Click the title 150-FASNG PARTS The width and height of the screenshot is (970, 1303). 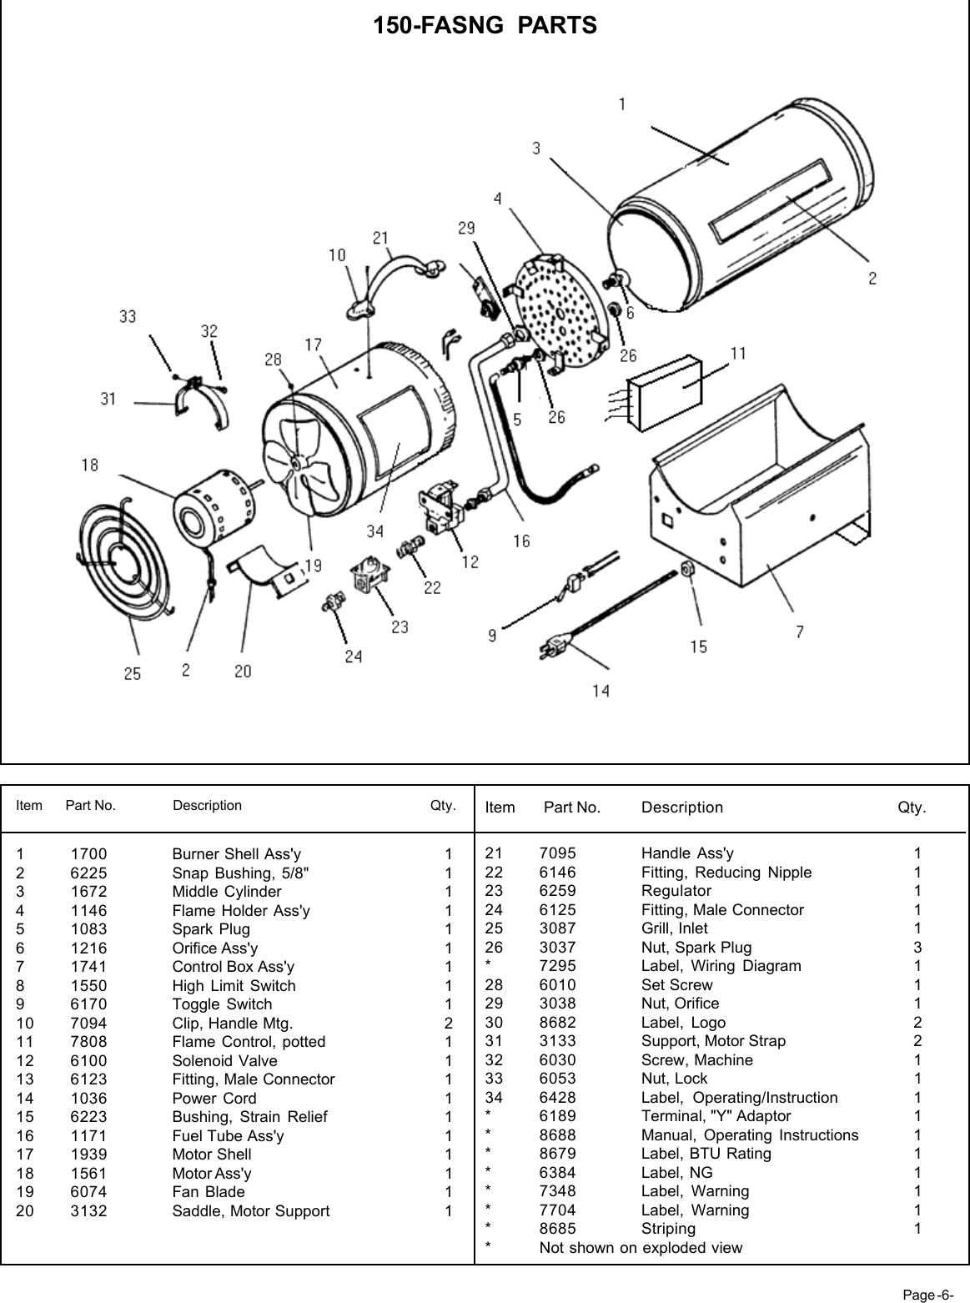tap(485, 26)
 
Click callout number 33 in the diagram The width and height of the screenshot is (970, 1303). tap(128, 317)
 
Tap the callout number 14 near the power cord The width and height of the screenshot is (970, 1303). tap(601, 691)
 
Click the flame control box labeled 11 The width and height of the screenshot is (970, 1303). tap(672, 391)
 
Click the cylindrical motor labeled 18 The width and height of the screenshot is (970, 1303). tap(210, 515)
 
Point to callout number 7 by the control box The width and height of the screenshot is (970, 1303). tap(799, 631)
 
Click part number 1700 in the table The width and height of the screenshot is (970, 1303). tap(88, 854)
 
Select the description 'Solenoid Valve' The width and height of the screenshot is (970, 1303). tap(224, 1061)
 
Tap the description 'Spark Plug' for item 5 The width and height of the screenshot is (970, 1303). tap(210, 929)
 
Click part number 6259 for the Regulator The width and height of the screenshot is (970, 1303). tap(557, 891)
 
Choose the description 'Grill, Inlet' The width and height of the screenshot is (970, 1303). tap(674, 928)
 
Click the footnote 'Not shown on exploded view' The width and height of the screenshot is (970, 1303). tap(640, 1248)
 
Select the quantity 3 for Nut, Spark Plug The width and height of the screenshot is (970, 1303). tap(917, 947)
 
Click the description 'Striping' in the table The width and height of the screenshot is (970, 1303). tap(668, 1229)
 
